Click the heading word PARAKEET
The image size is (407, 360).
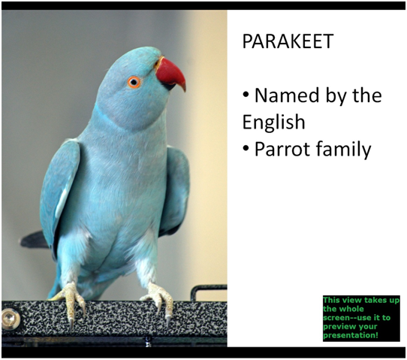(x=288, y=41)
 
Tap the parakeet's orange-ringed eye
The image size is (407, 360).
(x=134, y=83)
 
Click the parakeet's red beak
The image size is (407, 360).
(x=170, y=74)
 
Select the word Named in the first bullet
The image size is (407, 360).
(x=287, y=95)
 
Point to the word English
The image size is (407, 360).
(x=273, y=122)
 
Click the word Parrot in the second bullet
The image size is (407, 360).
(x=282, y=149)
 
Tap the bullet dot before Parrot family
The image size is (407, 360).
(x=246, y=148)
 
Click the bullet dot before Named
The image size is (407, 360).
(x=246, y=95)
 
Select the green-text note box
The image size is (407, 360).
(x=361, y=318)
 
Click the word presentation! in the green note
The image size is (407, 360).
(x=351, y=335)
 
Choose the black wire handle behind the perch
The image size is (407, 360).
(x=208, y=292)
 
